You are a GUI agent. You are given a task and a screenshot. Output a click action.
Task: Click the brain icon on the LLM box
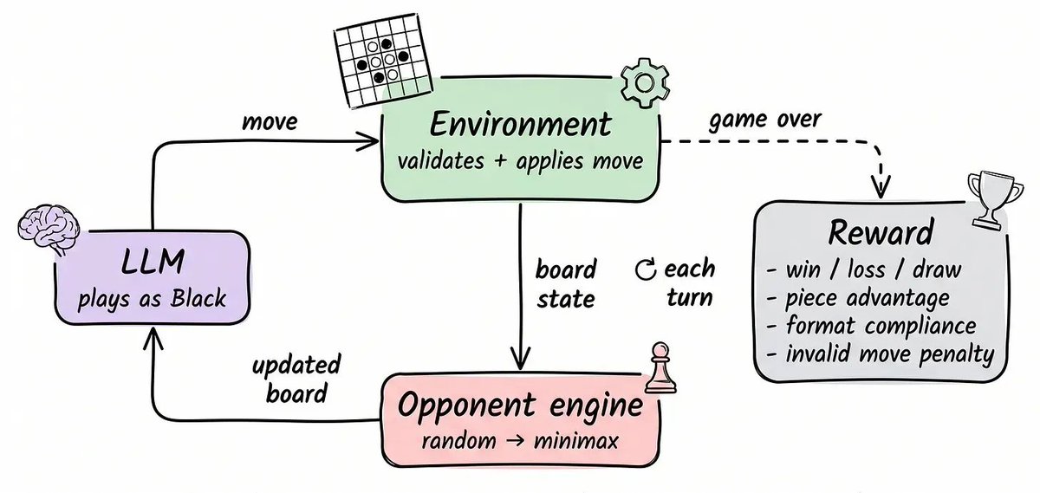pos(49,230)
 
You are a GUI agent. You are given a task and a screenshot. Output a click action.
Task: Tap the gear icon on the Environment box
pos(645,83)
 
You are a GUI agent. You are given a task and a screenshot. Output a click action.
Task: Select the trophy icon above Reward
pos(995,199)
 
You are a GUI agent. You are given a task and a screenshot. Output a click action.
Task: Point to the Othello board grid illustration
pos(383,61)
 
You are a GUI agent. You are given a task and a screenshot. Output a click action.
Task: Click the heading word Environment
pos(520,125)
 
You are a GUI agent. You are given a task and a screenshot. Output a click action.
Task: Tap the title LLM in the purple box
pos(153,262)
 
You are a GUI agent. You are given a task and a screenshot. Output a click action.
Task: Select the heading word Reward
pos(881,232)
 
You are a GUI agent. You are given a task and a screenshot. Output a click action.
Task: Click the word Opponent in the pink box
pos(466,405)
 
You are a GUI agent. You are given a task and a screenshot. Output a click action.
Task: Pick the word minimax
pos(575,440)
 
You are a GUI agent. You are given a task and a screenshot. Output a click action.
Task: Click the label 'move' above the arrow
pos(270,122)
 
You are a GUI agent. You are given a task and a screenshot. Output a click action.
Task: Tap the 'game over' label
pos(765,120)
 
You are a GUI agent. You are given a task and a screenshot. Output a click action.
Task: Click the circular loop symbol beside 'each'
pos(646,269)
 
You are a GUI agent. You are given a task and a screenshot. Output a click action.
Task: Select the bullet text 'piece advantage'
pos(868,299)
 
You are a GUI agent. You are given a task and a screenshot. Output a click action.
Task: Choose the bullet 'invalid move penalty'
pos(889,354)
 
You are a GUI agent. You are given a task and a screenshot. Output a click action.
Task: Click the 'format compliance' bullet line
pos(881,326)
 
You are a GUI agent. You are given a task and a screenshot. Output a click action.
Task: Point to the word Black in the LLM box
pos(198,297)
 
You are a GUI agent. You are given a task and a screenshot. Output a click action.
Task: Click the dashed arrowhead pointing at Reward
pos(881,186)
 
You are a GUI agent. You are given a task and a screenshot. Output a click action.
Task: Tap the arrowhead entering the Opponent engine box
pos(520,359)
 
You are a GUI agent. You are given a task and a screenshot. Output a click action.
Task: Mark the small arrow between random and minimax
pos(515,440)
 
